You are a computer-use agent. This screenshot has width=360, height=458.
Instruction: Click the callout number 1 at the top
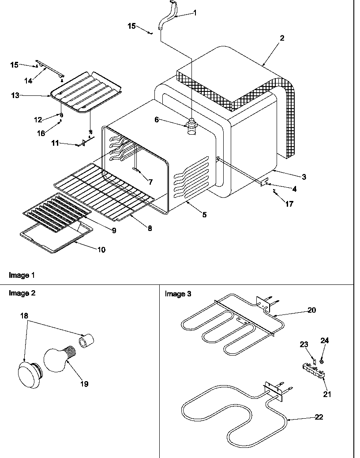pos(195,13)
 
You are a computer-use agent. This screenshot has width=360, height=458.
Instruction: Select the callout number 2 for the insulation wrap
pos(282,38)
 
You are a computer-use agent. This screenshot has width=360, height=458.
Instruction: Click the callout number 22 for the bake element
pos(319,417)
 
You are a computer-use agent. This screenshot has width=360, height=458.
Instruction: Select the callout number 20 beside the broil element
pos(311,310)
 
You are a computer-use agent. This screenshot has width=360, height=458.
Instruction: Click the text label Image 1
pos(22,275)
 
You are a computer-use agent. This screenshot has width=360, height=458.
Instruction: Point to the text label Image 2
pos(22,293)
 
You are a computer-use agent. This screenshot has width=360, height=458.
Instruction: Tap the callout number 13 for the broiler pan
pos(15,95)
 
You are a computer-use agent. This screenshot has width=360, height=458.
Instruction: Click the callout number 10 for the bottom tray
pos(101,250)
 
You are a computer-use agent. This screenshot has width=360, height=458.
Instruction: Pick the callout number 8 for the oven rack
pos(150,228)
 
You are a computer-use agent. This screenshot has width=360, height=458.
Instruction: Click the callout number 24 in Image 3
pos(325,341)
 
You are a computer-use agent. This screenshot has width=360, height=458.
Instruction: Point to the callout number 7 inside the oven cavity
pos(150,182)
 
